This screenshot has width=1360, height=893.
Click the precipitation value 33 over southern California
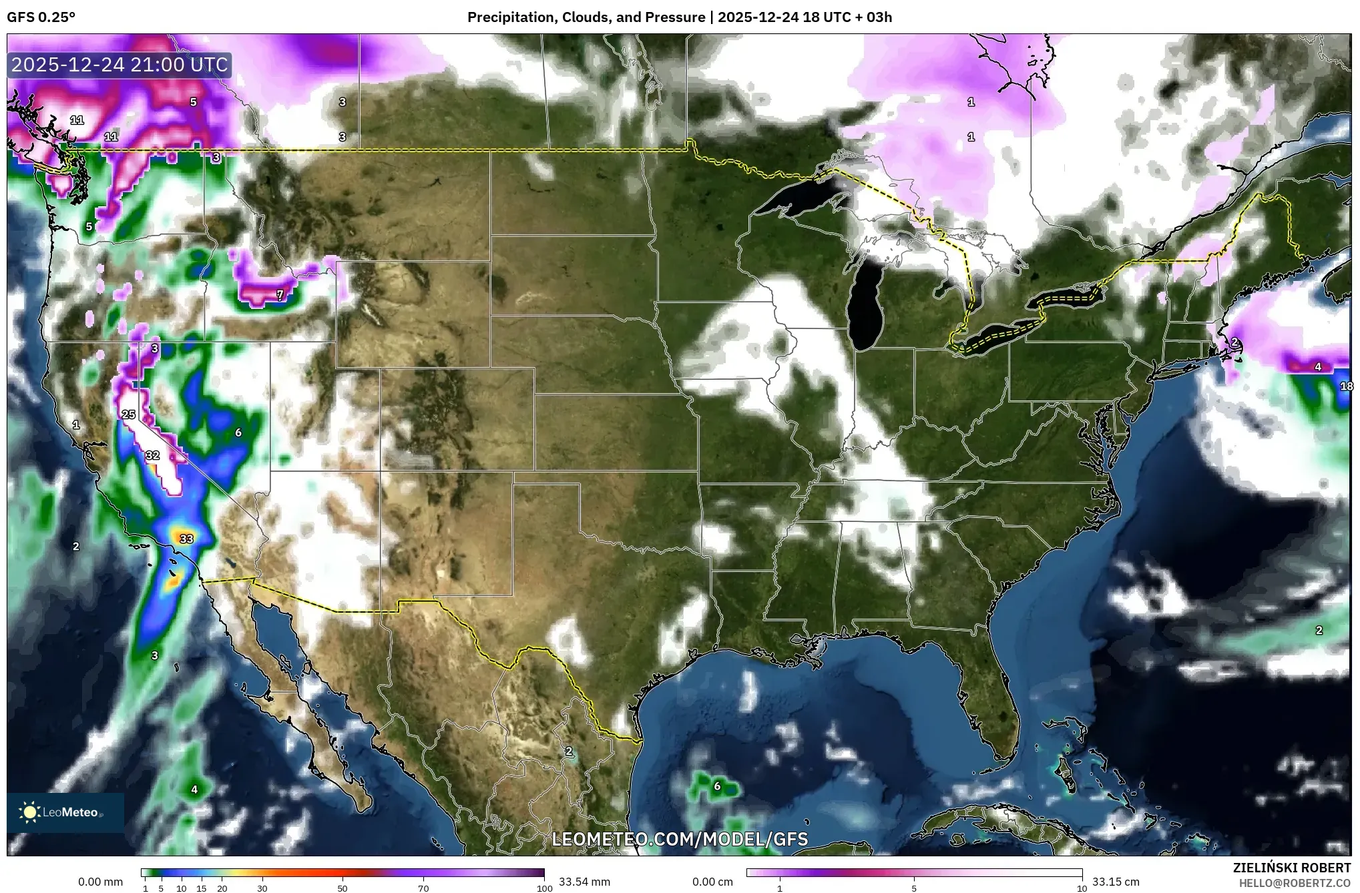[x=186, y=539]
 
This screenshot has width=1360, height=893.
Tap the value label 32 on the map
[x=153, y=455]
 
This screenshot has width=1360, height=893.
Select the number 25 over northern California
[x=129, y=414]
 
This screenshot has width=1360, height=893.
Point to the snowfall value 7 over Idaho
[x=280, y=294]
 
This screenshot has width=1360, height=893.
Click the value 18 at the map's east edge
[x=1346, y=386]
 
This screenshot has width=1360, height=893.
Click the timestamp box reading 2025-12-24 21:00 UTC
[x=120, y=65]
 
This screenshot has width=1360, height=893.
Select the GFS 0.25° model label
[x=41, y=17]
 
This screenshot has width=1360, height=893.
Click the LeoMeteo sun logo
[x=29, y=812]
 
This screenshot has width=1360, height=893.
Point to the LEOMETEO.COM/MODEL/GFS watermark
[x=680, y=839]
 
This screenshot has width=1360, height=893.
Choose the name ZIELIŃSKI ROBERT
[x=1291, y=868]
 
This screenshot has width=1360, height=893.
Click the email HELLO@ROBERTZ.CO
[x=1295, y=882]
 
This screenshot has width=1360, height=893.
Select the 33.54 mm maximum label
[x=584, y=882]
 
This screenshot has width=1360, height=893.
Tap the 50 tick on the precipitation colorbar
[x=343, y=888]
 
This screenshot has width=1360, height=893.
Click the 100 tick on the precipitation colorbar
[x=544, y=888]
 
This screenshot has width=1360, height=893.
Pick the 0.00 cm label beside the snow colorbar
[x=712, y=882]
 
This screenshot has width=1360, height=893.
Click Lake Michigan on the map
[x=866, y=307]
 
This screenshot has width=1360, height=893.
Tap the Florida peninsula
[x=998, y=694]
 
